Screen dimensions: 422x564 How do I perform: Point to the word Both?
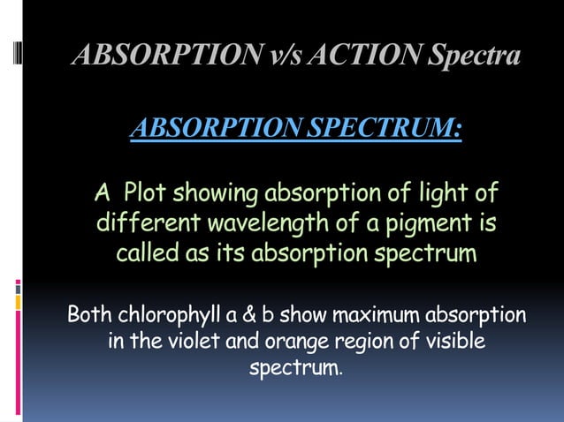click(91, 314)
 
